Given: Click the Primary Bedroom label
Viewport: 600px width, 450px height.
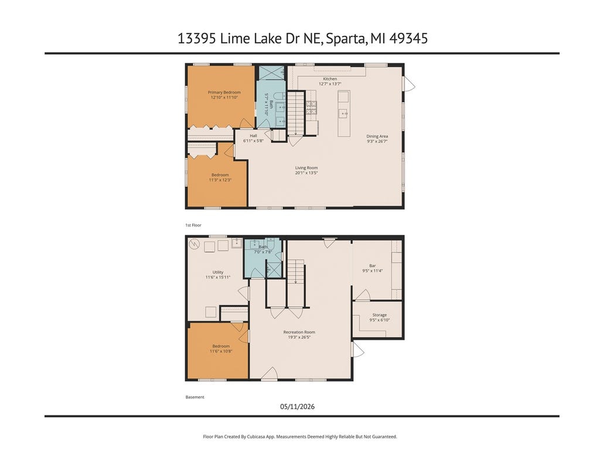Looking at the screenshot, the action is [224, 92].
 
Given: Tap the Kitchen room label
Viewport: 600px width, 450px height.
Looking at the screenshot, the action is [330, 79].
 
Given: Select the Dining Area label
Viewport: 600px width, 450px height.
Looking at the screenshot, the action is [377, 136].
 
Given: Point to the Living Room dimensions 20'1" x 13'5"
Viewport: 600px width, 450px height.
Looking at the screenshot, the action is [306, 173].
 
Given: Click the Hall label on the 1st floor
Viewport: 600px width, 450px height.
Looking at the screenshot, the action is [253, 136].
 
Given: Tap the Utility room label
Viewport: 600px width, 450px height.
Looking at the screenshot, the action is [218, 272].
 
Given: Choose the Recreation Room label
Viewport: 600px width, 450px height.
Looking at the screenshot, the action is [299, 332].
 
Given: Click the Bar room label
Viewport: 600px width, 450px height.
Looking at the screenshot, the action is [372, 266].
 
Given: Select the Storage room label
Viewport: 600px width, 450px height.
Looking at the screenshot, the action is [380, 315].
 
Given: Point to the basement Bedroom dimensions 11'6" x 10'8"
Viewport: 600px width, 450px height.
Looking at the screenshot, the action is [221, 351].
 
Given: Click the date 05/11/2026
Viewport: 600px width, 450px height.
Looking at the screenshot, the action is [297, 407].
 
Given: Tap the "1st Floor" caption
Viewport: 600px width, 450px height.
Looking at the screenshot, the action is [193, 225].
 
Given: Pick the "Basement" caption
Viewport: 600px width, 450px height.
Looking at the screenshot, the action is [195, 397].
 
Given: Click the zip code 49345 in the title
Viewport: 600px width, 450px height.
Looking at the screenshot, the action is [408, 38].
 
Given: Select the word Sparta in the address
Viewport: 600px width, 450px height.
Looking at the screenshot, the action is [346, 39].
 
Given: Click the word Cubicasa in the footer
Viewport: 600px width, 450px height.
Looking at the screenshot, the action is [257, 437].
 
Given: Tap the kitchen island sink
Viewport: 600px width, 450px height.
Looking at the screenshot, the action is [343, 113].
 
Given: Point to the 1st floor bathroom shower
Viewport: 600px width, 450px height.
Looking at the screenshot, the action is [272, 72].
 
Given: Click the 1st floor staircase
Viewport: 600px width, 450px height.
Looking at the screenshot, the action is [295, 113].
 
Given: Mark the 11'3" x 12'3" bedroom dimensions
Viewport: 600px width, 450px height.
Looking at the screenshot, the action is [220, 180].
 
